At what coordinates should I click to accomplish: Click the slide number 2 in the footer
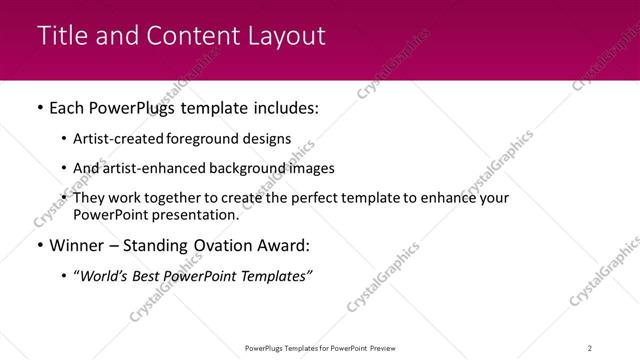click(x=590, y=348)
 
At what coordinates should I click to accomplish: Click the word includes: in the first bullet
click(x=283, y=108)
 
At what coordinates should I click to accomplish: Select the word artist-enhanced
click(x=151, y=168)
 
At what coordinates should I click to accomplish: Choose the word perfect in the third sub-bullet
click(x=304, y=198)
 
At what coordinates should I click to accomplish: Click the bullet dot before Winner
click(x=39, y=246)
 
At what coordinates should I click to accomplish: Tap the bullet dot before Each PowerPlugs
click(x=39, y=108)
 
